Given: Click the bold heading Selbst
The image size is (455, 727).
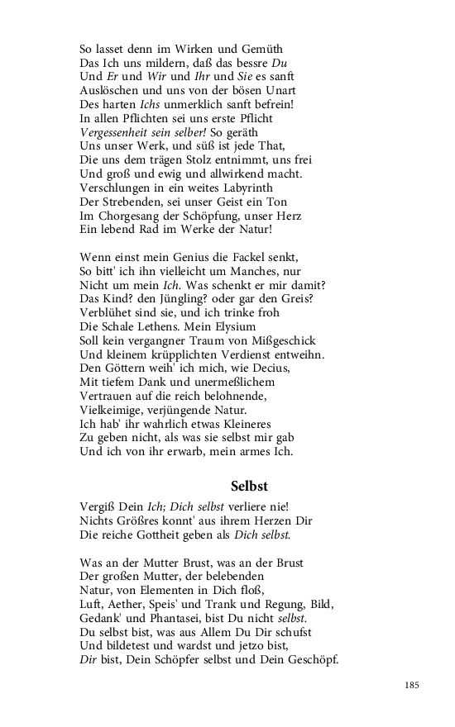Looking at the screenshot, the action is pyautogui.click(x=249, y=487).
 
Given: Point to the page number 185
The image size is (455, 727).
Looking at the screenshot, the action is pyautogui.click(x=413, y=685).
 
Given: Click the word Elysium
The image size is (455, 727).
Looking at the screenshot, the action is pyautogui.click(x=232, y=326).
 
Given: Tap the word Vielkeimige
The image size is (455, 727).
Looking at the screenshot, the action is pyautogui.click(x=113, y=410).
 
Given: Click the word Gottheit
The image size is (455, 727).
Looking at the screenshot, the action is pyautogui.click(x=172, y=535).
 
